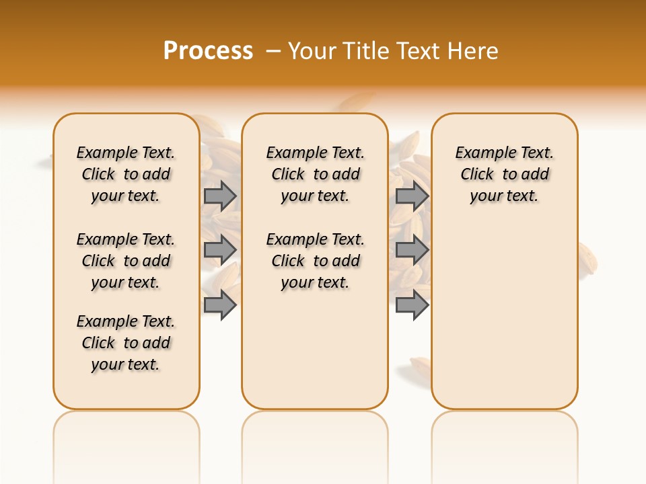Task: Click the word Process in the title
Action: tap(208, 51)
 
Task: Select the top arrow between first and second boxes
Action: tap(219, 196)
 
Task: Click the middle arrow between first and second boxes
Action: tap(219, 249)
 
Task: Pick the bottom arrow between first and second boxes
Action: tap(219, 305)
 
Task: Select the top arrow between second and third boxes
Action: tap(412, 196)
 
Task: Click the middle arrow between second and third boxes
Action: tap(412, 249)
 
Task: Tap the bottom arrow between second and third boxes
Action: tap(412, 305)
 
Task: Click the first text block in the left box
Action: tap(126, 174)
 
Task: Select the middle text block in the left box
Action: tap(126, 261)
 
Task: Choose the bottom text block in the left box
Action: tap(126, 343)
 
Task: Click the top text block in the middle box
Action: tap(315, 174)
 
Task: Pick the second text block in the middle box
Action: tap(315, 261)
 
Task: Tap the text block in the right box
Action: tap(505, 174)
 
